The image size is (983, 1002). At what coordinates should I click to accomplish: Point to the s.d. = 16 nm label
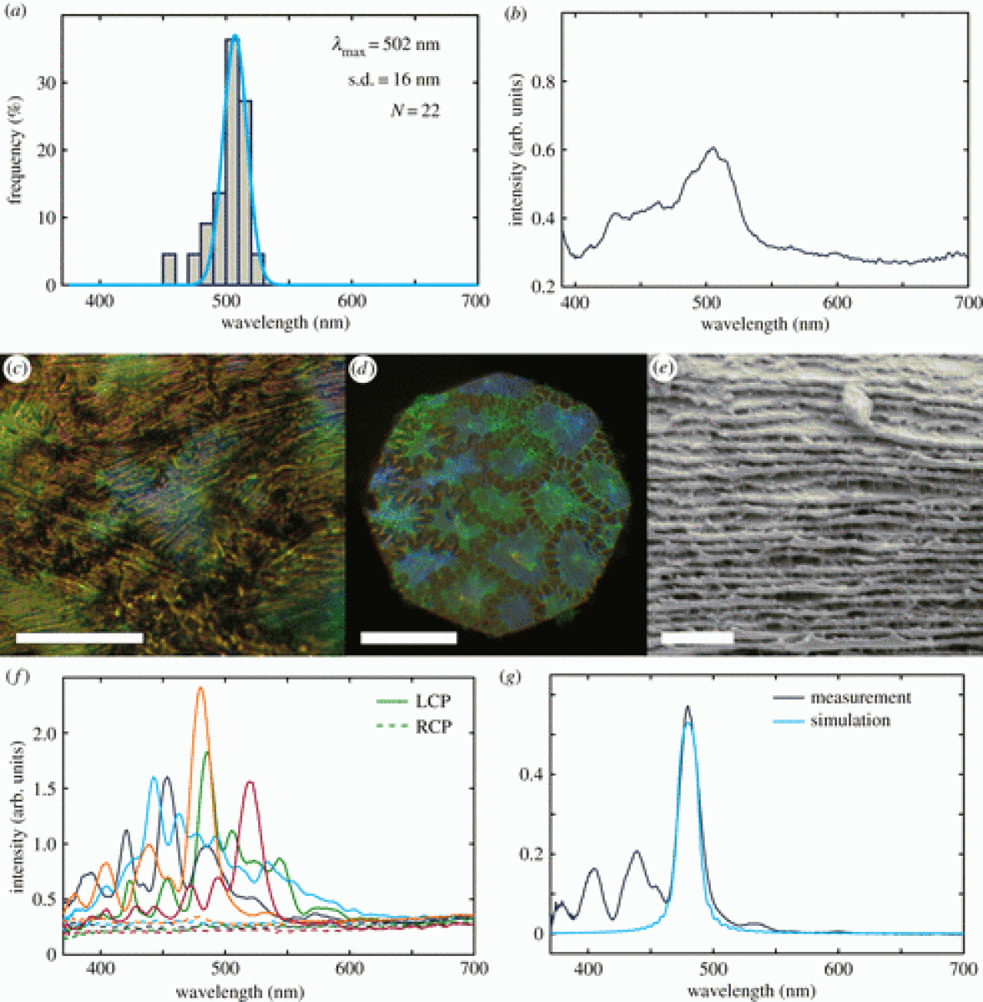point(393,80)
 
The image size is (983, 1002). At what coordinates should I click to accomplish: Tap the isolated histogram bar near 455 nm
point(169,269)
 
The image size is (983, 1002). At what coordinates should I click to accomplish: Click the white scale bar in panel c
point(79,638)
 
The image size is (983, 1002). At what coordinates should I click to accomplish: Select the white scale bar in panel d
point(408,638)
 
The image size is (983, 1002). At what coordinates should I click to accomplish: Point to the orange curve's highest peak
point(200,689)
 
